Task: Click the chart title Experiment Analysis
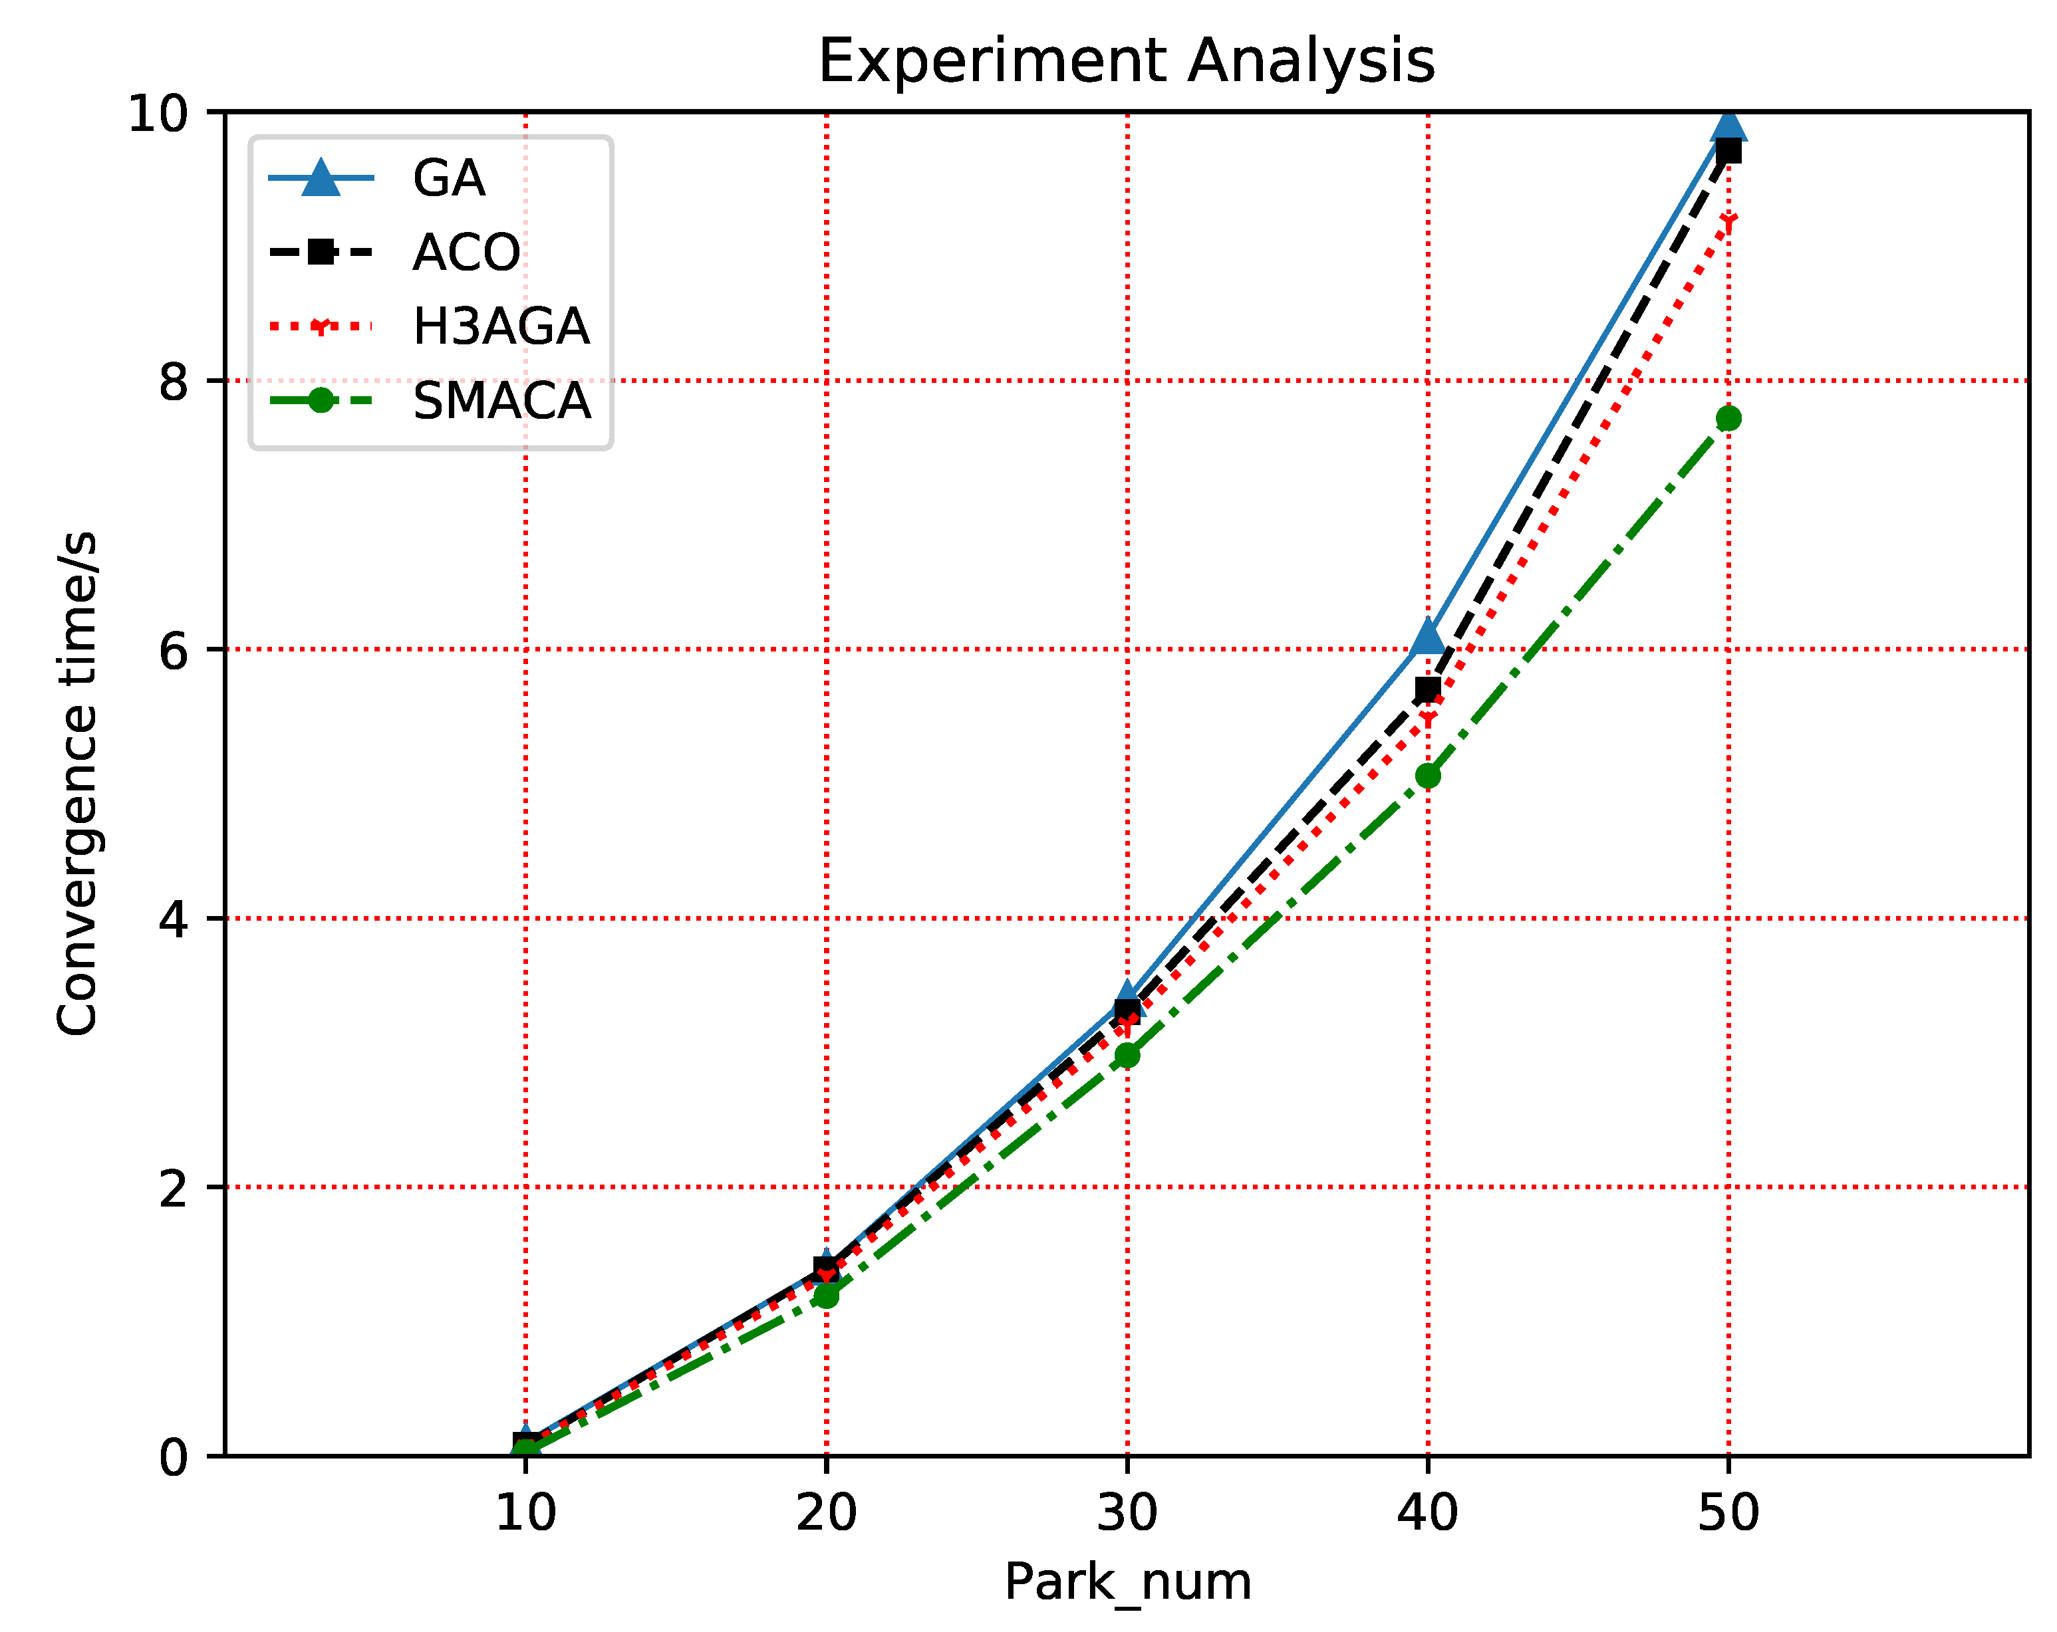click(x=1126, y=61)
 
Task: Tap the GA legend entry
click(x=448, y=178)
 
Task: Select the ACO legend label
click(x=466, y=253)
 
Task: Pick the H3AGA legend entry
click(x=501, y=327)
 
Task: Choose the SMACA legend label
click(x=501, y=402)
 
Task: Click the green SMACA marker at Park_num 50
click(x=1728, y=417)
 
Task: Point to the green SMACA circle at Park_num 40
click(x=1427, y=776)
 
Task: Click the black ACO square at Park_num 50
click(x=1728, y=151)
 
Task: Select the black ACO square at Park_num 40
click(x=1427, y=689)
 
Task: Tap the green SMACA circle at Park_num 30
click(x=1127, y=1055)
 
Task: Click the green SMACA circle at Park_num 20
click(x=826, y=1296)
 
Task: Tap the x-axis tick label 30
click(x=1127, y=1514)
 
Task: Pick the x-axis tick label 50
click(x=1728, y=1514)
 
